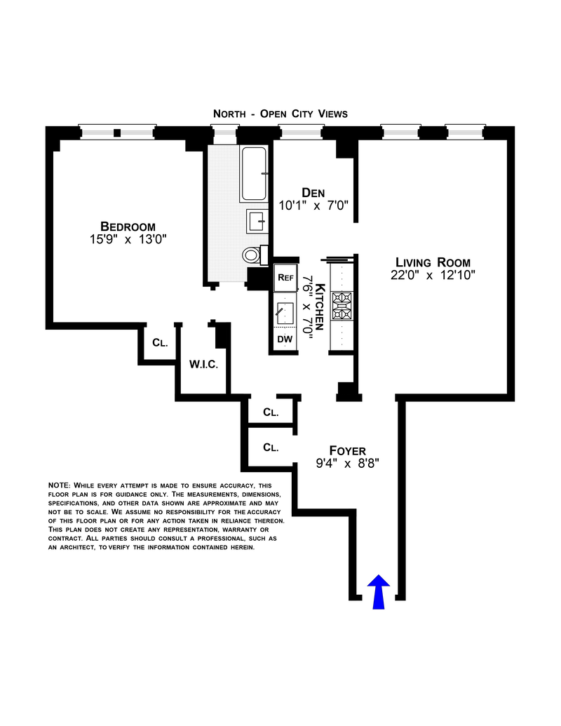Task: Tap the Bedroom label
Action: pyautogui.click(x=128, y=226)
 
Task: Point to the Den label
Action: pyautogui.click(x=315, y=192)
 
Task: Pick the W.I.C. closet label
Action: pyautogui.click(x=204, y=365)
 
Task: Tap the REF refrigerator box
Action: pyautogui.click(x=285, y=277)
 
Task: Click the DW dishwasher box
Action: pyautogui.click(x=285, y=340)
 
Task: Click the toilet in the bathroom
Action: pyautogui.click(x=252, y=254)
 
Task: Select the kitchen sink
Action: pyautogui.click(x=285, y=310)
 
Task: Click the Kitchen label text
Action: pyautogui.click(x=320, y=306)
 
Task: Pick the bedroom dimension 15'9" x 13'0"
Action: pyautogui.click(x=127, y=239)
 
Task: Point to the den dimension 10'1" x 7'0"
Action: pyautogui.click(x=314, y=206)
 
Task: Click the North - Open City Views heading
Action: pyautogui.click(x=280, y=114)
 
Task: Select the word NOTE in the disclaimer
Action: pyautogui.click(x=58, y=486)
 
